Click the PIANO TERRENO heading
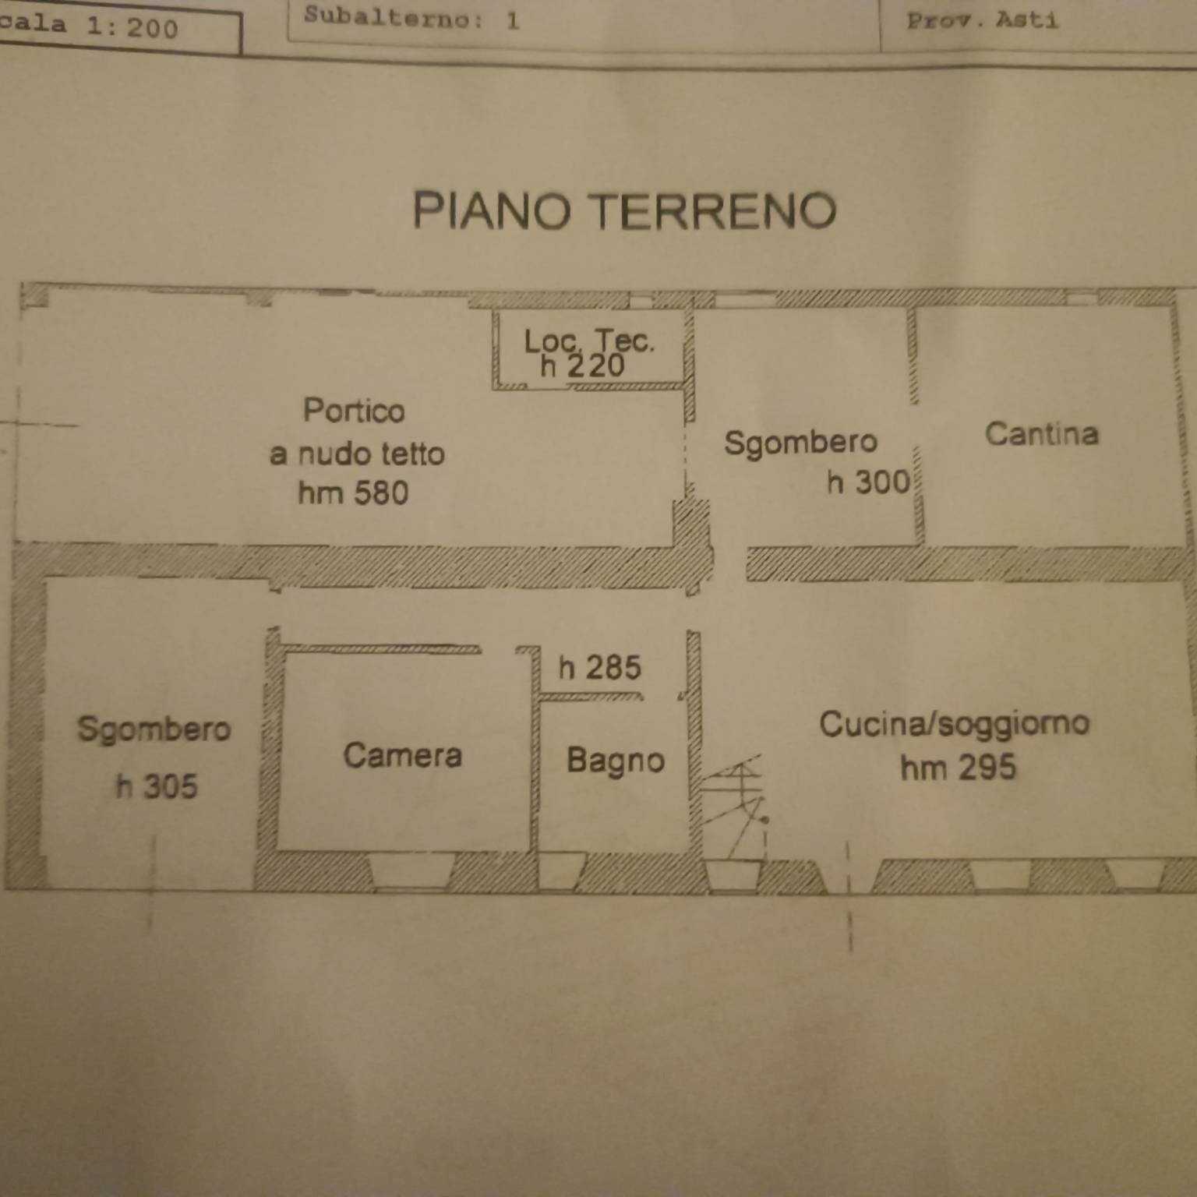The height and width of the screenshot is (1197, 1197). (624, 211)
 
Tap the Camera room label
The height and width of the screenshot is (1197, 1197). (402, 755)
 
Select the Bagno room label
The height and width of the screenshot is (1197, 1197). (615, 761)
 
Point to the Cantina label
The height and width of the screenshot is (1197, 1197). (1041, 434)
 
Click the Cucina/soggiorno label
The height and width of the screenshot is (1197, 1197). (954, 724)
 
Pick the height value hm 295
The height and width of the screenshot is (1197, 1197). (958, 768)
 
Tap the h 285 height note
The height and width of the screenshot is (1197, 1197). (599, 668)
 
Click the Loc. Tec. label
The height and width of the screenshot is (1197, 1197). (588, 341)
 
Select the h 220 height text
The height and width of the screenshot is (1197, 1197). (582, 365)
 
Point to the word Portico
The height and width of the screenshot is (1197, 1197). (354, 411)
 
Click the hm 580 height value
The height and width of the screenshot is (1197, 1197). (353, 493)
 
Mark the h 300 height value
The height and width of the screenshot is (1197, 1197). (868, 482)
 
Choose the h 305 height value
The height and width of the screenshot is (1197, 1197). (157, 786)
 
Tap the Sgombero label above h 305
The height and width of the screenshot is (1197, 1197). (154, 729)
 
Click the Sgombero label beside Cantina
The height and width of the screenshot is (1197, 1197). (800, 443)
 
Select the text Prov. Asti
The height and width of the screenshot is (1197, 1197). (982, 20)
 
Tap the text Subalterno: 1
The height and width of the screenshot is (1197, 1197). (411, 17)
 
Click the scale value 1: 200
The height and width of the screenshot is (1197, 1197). (132, 27)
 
